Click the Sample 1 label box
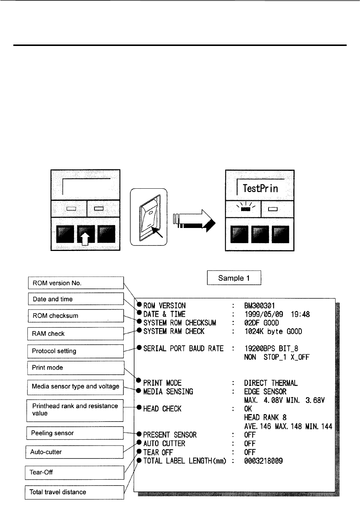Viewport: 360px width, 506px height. click(234, 278)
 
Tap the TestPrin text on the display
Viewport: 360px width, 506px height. click(260, 188)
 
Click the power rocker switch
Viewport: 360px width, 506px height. click(149, 218)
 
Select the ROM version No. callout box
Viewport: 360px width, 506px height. click(76, 283)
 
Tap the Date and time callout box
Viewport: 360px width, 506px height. click(76, 299)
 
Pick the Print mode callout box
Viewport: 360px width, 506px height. click(76, 368)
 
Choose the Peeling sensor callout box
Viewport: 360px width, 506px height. click(75, 433)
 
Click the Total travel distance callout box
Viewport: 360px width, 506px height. click(74, 492)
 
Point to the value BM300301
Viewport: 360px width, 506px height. click(259, 306)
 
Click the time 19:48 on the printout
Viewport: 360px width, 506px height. click(300, 314)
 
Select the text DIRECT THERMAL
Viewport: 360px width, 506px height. click(271, 383)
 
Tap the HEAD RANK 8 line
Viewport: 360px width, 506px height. click(265, 417)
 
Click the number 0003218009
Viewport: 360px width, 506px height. click(263, 461)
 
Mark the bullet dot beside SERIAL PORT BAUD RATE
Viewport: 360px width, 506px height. click(139, 348)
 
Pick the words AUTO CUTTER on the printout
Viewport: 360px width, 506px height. click(164, 443)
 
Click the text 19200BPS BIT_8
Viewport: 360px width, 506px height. click(271, 348)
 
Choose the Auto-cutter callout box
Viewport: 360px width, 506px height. click(74, 452)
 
